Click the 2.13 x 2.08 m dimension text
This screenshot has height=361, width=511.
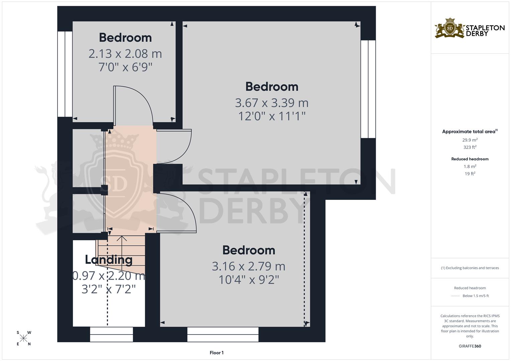coord(125,53)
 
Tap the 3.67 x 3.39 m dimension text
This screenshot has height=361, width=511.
coord(271,103)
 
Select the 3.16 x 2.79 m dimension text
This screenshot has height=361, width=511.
coord(248,266)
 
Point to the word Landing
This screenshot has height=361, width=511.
coord(109,259)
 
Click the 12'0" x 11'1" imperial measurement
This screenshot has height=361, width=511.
coord(272,116)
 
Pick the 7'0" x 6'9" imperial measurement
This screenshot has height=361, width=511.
coord(125,67)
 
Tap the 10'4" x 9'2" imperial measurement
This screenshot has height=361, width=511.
coord(248,279)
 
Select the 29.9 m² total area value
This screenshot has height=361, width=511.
coord(470,140)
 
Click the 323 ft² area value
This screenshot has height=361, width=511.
coord(470,147)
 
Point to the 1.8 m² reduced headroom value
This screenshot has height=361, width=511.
coord(470,166)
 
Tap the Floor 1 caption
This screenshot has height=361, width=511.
coord(217,353)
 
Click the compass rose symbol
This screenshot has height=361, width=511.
coord(23,338)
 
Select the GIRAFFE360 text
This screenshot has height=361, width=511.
coord(470,346)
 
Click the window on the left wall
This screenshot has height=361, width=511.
coord(65,74)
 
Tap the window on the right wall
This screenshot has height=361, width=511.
coord(368,89)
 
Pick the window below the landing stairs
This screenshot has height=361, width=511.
coord(111,334)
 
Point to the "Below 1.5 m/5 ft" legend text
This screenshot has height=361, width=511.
coord(476,296)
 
